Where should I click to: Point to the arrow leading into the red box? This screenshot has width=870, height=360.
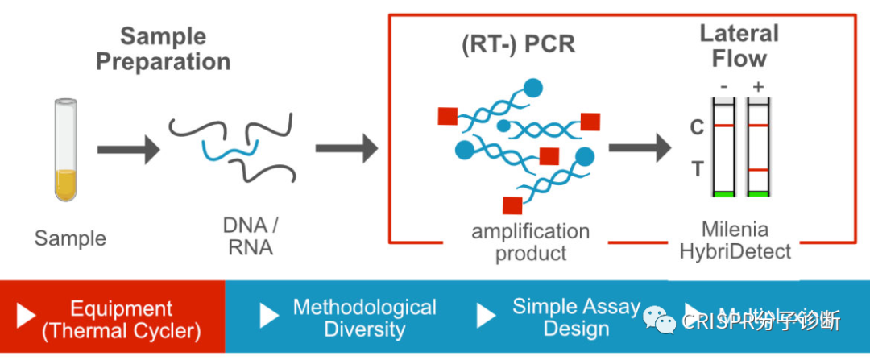[346, 148]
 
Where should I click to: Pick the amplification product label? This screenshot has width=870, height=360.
[531, 242]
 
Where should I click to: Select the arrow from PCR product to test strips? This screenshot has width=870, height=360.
[640, 148]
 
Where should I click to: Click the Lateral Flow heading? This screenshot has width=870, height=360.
[739, 45]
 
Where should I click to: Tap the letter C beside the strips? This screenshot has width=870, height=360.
[698, 127]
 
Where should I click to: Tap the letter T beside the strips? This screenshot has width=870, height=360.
[698, 170]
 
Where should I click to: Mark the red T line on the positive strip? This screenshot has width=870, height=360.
[758, 170]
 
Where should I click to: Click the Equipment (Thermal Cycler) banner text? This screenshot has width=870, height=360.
[121, 319]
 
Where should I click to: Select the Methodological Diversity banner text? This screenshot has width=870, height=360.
[364, 317]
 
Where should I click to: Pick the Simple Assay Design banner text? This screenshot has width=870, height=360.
[576, 317]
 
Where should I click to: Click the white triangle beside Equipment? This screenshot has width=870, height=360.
[27, 317]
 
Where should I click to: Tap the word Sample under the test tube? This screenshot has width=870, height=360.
[70, 238]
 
